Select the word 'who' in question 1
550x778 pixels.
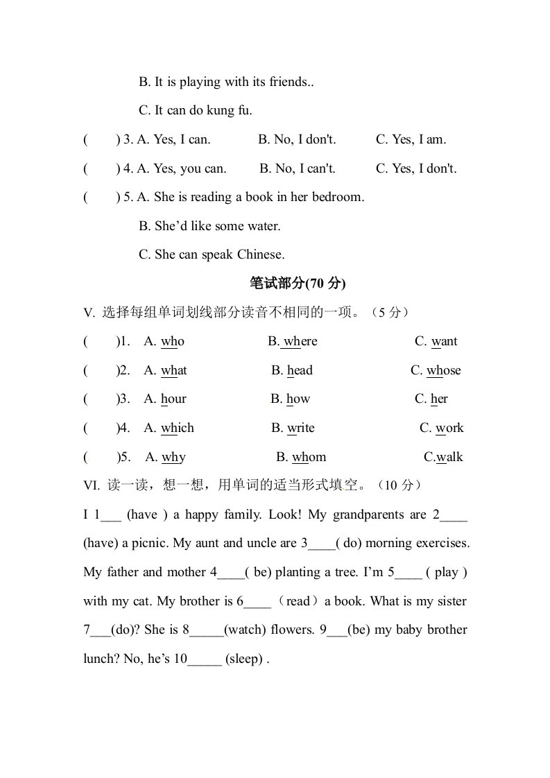coord(173,341)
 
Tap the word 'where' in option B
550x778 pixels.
coord(300,341)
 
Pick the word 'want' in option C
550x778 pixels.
coord(445,341)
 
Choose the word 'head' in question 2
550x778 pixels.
coord(300,370)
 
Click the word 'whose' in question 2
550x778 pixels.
coord(444,370)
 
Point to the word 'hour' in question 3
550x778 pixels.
coord(173,399)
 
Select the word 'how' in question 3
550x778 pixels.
coord(298,399)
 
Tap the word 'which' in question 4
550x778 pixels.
coord(178,428)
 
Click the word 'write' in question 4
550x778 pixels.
coord(301,428)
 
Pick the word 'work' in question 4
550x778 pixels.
coord(449,428)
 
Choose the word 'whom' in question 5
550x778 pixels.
coord(309,457)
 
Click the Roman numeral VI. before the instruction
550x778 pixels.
coord(92,486)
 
